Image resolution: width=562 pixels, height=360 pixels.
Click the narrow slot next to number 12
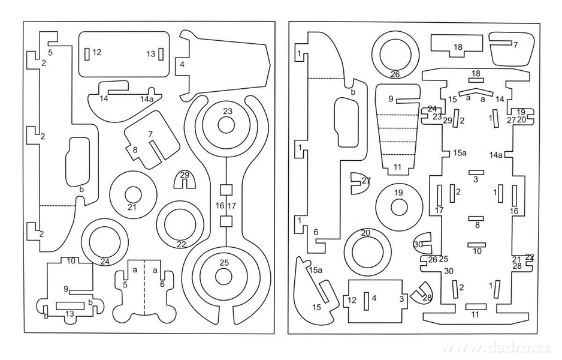[x=87, y=54]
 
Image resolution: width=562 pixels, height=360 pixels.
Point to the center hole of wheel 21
[x=133, y=195]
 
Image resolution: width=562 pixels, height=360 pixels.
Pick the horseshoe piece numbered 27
[x=359, y=183]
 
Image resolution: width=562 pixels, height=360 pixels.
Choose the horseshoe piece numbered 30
[x=423, y=244]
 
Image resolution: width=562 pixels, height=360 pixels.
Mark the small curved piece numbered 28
[x=423, y=293]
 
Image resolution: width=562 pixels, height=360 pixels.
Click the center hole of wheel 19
[x=398, y=208]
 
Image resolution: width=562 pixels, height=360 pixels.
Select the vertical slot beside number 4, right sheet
[x=366, y=301]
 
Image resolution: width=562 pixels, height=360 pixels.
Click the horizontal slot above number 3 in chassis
[x=476, y=173]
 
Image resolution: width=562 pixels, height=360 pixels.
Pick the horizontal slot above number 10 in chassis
[x=477, y=245]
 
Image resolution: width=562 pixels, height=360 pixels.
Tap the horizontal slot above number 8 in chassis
[x=476, y=218]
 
